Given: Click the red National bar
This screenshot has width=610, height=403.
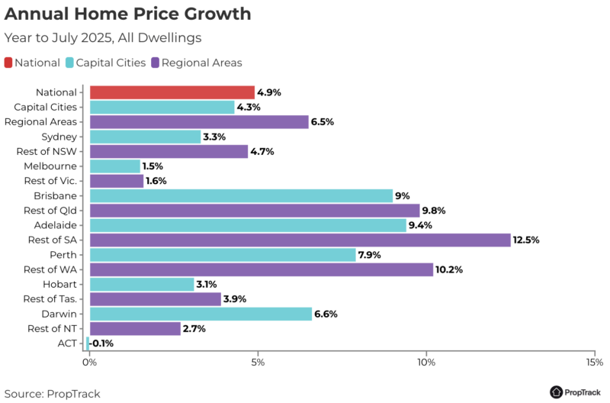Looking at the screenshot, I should pyautogui.click(x=172, y=92).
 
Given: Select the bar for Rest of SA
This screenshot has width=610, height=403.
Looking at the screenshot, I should pyautogui.click(x=300, y=240).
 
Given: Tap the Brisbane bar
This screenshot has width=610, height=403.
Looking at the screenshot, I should pyautogui.click(x=241, y=195).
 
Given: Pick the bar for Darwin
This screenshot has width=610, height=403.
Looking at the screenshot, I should pyautogui.click(x=201, y=314).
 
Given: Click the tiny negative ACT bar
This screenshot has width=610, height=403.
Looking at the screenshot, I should pyautogui.click(x=88, y=343).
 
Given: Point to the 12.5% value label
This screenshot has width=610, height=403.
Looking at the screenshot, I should pyautogui.click(x=527, y=240).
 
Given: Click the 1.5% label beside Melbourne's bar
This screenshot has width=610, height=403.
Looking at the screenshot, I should pyautogui.click(x=152, y=166).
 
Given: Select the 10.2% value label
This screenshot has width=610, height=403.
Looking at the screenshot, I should pyautogui.click(x=449, y=269).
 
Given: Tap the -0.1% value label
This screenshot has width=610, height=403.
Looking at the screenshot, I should pyautogui.click(x=103, y=343).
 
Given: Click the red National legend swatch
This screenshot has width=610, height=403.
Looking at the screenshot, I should pyautogui.click(x=9, y=63).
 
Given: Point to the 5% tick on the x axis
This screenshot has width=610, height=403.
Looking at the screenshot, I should pyautogui.click(x=258, y=361).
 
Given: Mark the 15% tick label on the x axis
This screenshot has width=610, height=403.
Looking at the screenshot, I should pyautogui.click(x=593, y=361).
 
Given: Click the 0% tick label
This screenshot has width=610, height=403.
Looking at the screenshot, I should pyautogui.click(x=90, y=361).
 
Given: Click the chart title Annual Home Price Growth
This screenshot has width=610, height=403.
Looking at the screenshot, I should pyautogui.click(x=127, y=15).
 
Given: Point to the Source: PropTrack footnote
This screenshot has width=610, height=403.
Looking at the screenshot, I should pyautogui.click(x=52, y=394).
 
